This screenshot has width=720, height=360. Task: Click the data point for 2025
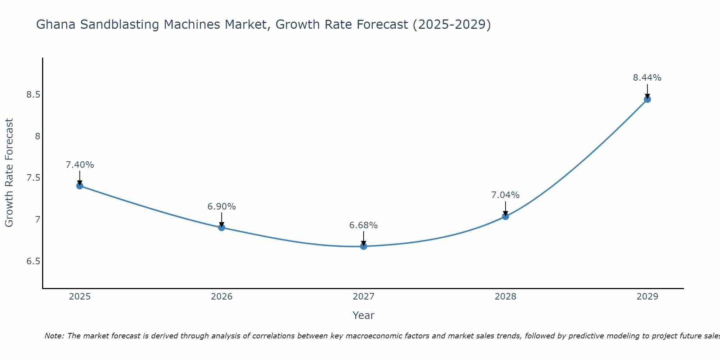point(80,186)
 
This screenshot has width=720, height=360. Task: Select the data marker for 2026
point(221,228)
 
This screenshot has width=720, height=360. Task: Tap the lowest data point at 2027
point(363,246)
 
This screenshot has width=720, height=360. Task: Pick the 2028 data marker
point(505,216)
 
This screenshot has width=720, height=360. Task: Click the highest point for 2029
point(647,99)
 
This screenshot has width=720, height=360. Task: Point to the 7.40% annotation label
point(80,165)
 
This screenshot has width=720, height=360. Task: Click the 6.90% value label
point(221,207)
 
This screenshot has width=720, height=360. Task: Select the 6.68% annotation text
point(363,225)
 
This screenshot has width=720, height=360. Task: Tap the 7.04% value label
point(505,195)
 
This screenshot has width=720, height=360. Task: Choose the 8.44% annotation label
point(647,78)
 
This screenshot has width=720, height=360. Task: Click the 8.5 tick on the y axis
point(33,95)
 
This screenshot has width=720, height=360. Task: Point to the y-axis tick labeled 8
point(37,136)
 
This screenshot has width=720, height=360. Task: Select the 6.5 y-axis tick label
point(33,261)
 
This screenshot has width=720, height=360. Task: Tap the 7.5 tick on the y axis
point(33,178)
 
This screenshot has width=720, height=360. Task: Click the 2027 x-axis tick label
point(363,297)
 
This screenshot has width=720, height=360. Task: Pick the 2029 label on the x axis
point(647,297)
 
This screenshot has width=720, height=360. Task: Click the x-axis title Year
point(363,315)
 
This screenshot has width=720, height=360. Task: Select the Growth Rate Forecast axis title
point(9,173)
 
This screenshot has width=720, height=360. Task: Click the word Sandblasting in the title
point(119,24)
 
